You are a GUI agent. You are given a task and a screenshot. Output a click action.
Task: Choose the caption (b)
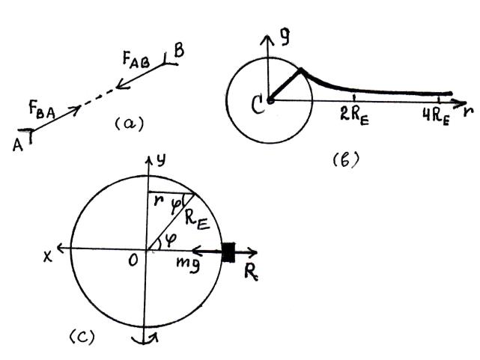[347, 159]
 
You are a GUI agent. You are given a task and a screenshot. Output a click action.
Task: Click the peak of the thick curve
[301, 70]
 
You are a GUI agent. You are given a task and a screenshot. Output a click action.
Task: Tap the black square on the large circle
[229, 253]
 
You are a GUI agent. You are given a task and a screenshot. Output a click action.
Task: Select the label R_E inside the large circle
[196, 219]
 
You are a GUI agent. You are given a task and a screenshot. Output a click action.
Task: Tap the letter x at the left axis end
[48, 254]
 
